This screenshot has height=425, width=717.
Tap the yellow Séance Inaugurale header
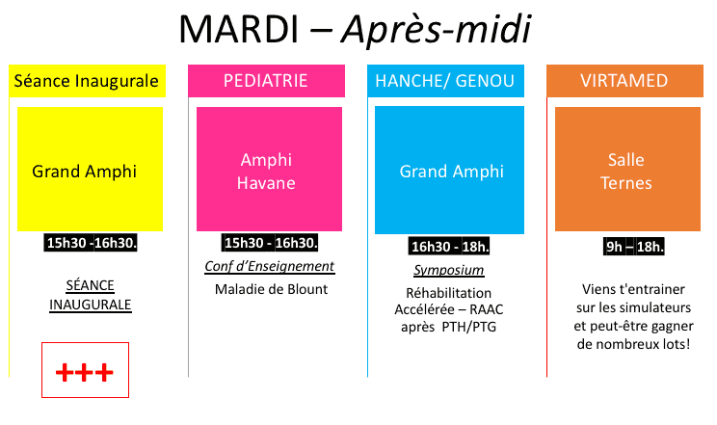[85, 81]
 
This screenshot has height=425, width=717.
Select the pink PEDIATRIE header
[265, 81]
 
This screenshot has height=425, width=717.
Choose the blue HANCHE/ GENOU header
[445, 81]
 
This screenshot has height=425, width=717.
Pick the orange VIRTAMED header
[624, 81]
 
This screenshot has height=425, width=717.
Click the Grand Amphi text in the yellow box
[85, 172]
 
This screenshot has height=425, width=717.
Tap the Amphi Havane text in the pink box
[267, 171]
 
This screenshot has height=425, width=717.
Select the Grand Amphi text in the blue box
[452, 172]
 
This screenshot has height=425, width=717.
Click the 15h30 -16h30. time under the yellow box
[93, 243]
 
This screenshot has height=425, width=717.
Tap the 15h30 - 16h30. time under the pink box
[270, 243]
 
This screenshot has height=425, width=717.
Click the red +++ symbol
[85, 371]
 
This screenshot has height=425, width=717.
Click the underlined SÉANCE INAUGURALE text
[91, 295]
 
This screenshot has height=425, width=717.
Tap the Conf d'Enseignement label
[269, 266]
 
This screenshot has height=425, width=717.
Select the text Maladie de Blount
[271, 288]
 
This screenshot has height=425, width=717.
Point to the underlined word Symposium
[449, 270]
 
